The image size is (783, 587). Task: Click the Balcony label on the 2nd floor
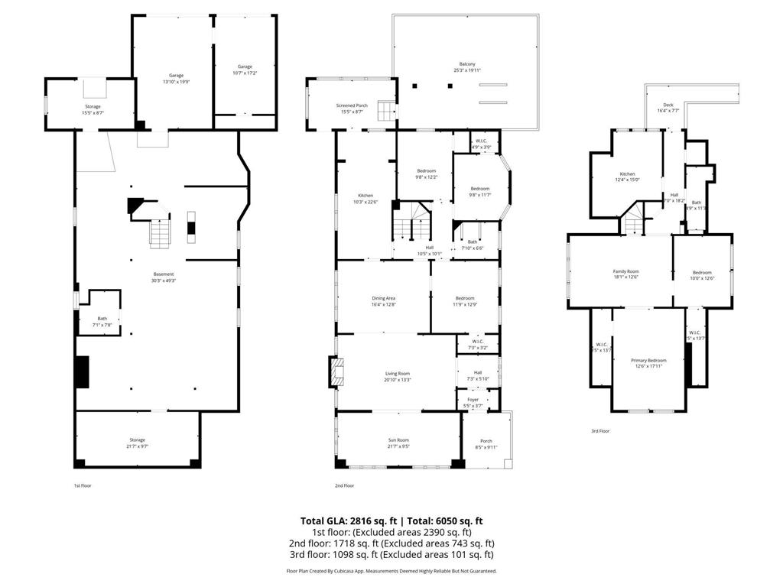(x=467, y=66)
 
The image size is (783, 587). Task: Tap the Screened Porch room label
(x=352, y=109)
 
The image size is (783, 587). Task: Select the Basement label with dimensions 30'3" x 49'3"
(x=164, y=277)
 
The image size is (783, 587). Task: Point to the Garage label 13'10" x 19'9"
(x=177, y=79)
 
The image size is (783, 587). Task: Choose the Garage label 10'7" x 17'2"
(x=245, y=70)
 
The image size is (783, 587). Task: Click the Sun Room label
(x=398, y=443)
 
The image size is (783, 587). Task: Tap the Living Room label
(x=398, y=376)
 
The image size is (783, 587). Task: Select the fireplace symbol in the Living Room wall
(x=339, y=372)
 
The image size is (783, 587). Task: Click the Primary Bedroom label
(x=648, y=362)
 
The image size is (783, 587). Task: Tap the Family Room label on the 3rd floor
(x=625, y=274)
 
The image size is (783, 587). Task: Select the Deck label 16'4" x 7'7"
(x=668, y=108)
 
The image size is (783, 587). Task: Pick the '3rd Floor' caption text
(x=600, y=431)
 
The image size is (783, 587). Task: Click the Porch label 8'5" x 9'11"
(x=486, y=443)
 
